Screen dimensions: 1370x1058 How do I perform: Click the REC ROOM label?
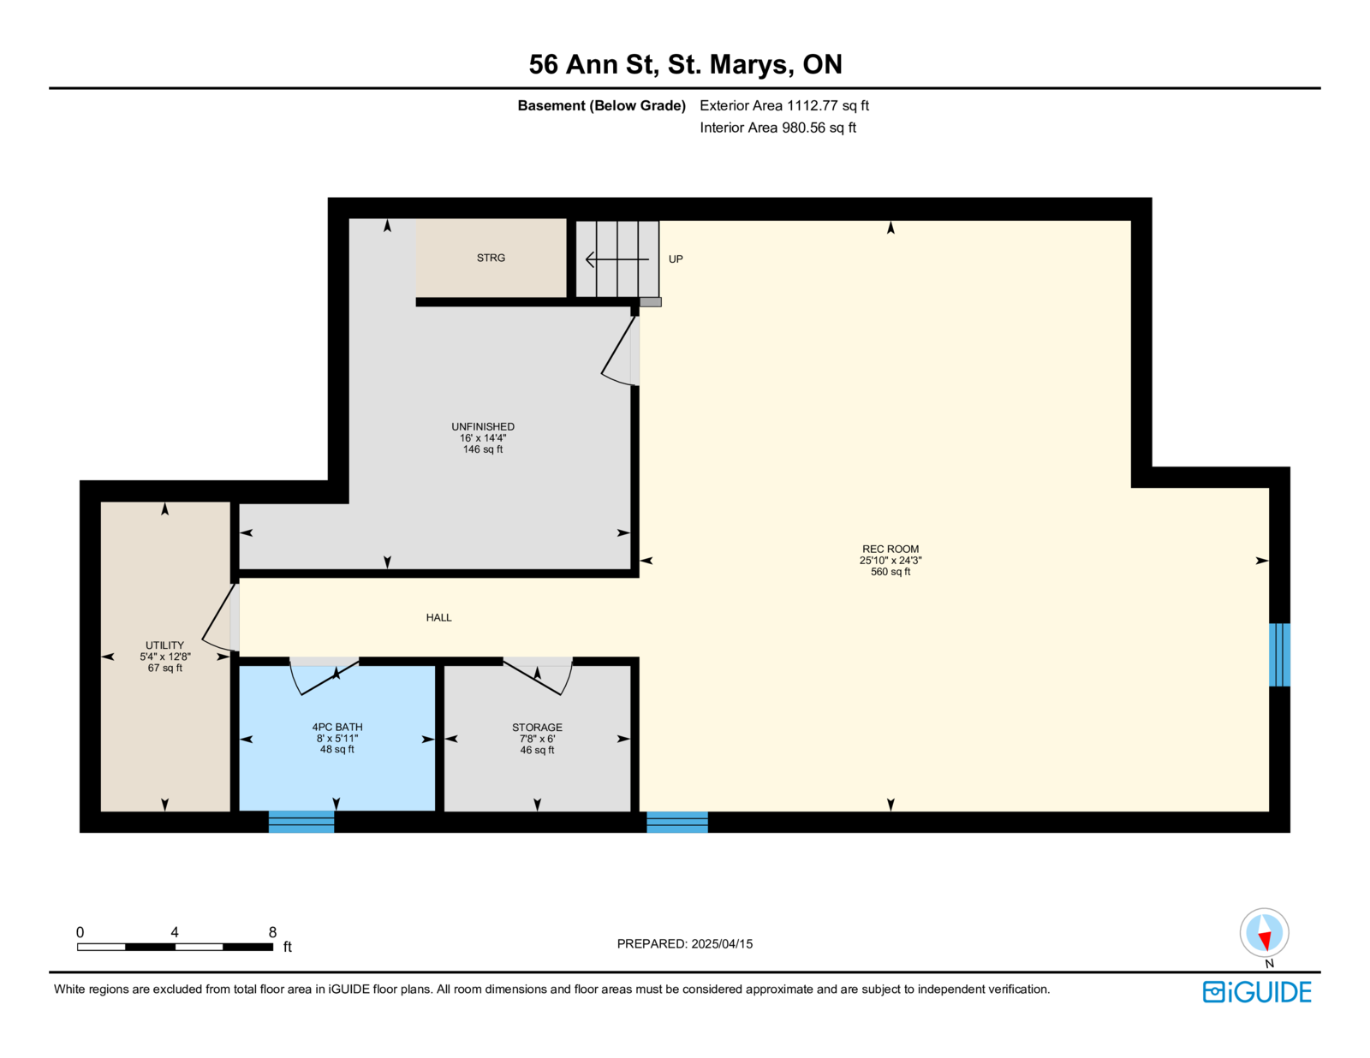coord(890,549)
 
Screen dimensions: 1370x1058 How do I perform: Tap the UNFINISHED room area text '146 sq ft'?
coord(483,449)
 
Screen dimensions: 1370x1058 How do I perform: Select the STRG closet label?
coord(491,258)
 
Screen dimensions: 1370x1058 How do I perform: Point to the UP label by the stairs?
coord(676,259)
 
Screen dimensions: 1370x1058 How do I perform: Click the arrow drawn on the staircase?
coord(617,259)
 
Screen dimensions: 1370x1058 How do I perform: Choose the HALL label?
coord(438,617)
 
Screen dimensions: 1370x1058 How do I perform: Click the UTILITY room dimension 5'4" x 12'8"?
coord(165,657)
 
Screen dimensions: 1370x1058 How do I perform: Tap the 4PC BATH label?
coord(337,728)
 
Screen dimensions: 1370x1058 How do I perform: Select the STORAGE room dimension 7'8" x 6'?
coord(537,739)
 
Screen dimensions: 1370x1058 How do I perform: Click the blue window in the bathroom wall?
coord(301,822)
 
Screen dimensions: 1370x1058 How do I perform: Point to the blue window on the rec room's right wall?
coord(1279,655)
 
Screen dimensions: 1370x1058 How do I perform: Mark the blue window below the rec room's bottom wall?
coord(677,823)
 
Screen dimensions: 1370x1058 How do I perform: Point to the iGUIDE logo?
coord(1257,992)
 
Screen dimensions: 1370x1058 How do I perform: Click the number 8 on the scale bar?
coord(272,933)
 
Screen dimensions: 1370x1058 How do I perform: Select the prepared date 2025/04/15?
coord(722,944)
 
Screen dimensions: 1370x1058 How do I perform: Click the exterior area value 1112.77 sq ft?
coord(827,106)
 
